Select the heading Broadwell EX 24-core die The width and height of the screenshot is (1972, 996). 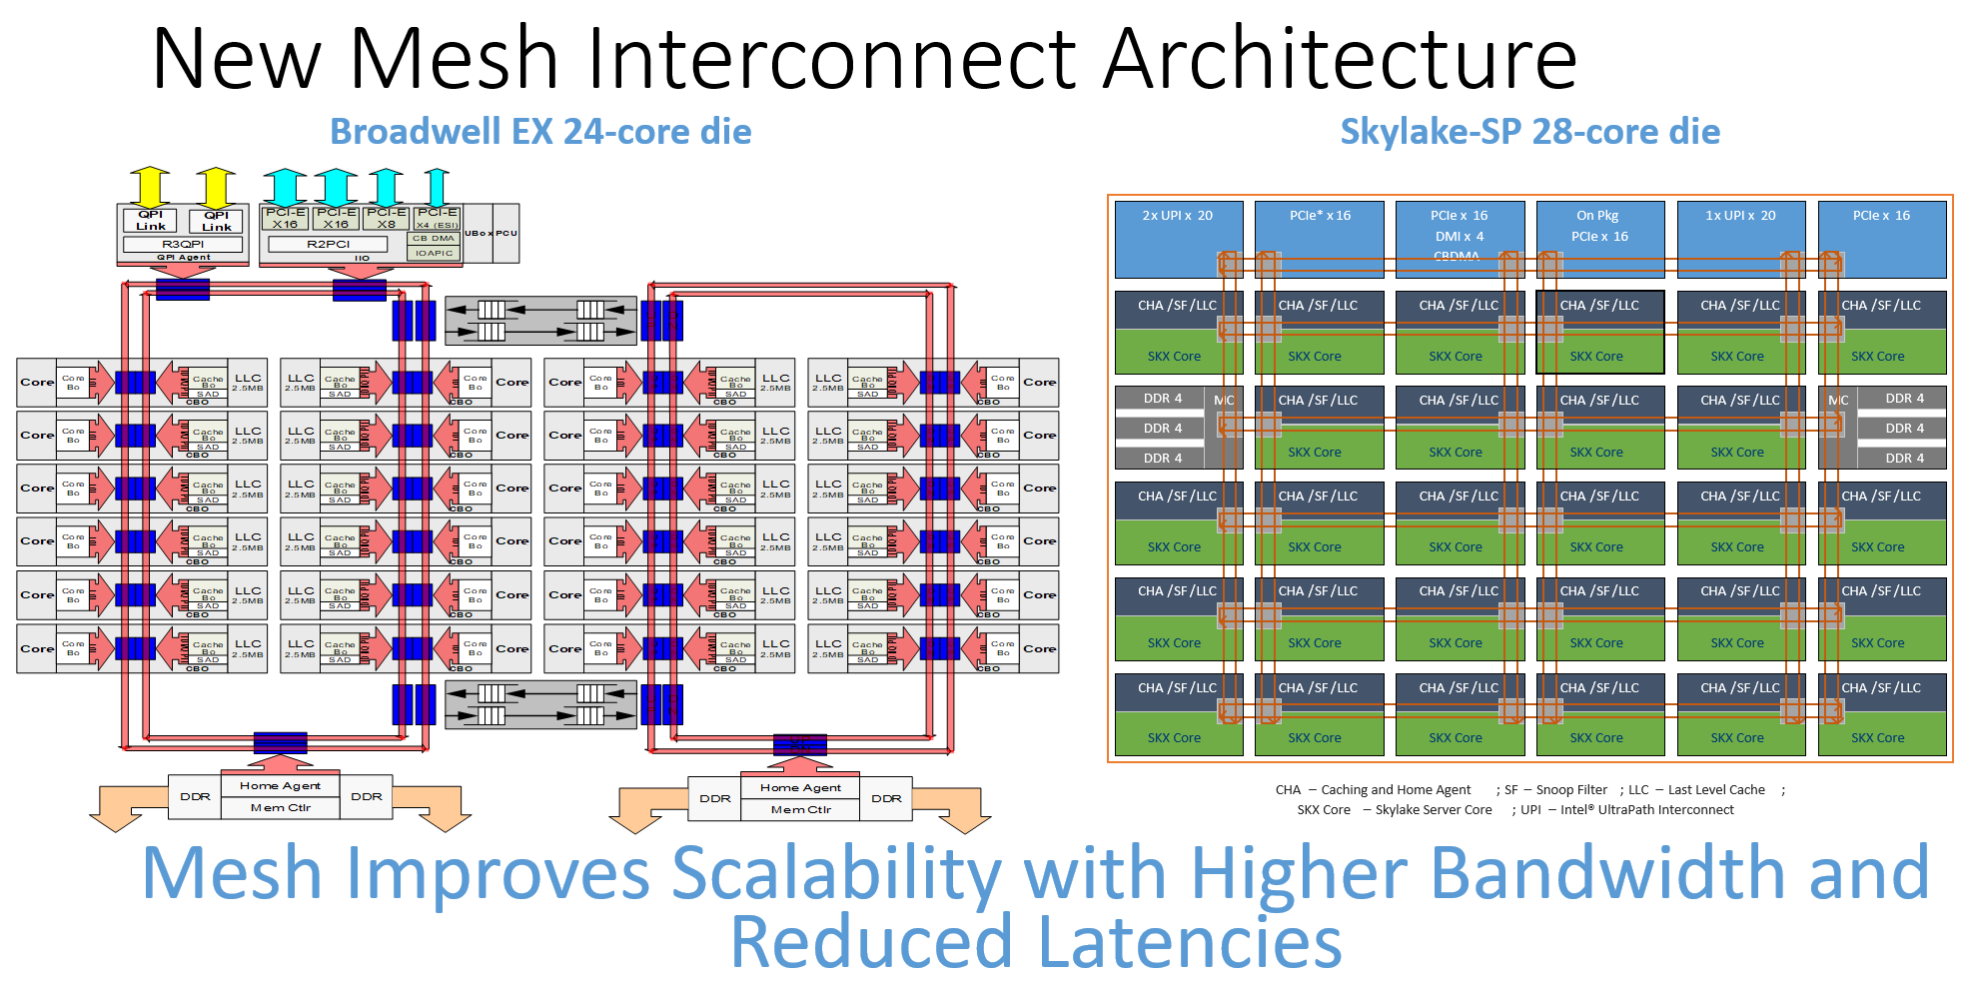540,132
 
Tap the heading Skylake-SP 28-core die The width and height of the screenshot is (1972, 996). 1529,132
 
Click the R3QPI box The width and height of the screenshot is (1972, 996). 183,244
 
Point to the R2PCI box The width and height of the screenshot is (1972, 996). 328,244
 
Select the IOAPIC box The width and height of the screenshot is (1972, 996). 434,253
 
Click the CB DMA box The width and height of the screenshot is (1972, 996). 434,238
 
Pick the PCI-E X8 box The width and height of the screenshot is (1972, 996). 386,218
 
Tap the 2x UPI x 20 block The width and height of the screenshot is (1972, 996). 1178,239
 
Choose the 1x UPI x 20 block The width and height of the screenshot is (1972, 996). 1740,239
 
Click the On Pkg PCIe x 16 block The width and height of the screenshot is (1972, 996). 1599,239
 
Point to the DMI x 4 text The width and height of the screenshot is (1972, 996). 1459,237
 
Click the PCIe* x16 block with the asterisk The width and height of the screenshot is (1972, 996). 1319,239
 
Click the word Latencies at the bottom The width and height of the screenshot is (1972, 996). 1189,943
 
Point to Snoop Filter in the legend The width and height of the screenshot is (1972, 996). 1571,790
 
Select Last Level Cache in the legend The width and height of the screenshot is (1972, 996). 1716,790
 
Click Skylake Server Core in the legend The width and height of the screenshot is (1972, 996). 1434,810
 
